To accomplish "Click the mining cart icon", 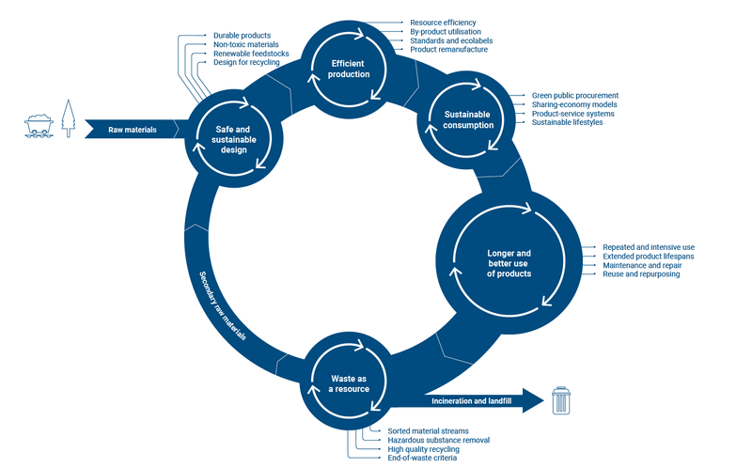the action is [x=39, y=126].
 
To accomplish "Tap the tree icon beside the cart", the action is [x=69, y=118].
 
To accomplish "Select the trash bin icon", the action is [x=561, y=400].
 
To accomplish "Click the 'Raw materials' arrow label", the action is [x=133, y=130].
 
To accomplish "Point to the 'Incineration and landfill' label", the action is [x=472, y=401].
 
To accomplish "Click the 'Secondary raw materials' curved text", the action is [x=223, y=306].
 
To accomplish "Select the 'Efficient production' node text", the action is [x=349, y=69].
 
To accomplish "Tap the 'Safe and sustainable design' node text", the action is [x=233, y=139].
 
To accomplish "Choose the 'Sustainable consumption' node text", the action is [x=468, y=120].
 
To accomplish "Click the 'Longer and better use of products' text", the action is [x=509, y=263].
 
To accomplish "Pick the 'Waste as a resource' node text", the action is [x=349, y=384].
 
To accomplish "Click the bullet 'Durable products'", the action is [x=242, y=36].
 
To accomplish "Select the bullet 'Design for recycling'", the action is [x=246, y=62].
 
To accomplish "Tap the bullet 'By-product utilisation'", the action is [x=446, y=32].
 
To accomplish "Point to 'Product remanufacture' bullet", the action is [x=449, y=50].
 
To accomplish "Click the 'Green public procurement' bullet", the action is [x=575, y=96].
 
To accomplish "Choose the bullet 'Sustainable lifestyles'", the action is [x=568, y=122].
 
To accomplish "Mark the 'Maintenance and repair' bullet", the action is [x=642, y=265].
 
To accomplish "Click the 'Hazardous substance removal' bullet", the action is [x=439, y=440].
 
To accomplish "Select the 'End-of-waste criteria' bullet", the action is [x=422, y=458].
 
